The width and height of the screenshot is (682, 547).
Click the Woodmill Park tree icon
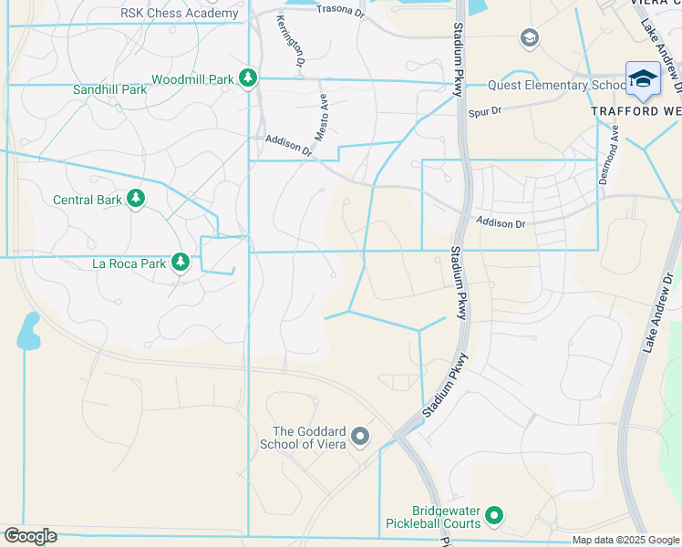click(x=247, y=79)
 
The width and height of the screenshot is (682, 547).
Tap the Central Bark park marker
click(x=136, y=199)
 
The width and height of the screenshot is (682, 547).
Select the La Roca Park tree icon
click(x=181, y=263)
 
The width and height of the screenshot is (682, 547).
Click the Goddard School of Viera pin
click(x=360, y=438)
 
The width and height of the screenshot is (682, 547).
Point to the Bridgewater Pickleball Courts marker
click(x=494, y=517)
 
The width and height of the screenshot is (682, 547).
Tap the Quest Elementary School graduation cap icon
click(x=643, y=79)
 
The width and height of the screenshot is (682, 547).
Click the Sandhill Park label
click(x=109, y=90)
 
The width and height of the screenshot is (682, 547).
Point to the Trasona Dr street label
click(x=339, y=9)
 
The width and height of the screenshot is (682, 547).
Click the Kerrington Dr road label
click(x=290, y=41)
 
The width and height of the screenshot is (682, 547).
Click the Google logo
click(x=31, y=536)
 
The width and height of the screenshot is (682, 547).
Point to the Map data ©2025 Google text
click(x=625, y=540)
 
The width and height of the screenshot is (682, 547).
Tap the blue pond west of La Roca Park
click(x=28, y=333)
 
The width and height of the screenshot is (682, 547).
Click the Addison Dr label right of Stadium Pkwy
click(x=501, y=223)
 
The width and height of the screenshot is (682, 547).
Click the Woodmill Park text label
click(x=192, y=79)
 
